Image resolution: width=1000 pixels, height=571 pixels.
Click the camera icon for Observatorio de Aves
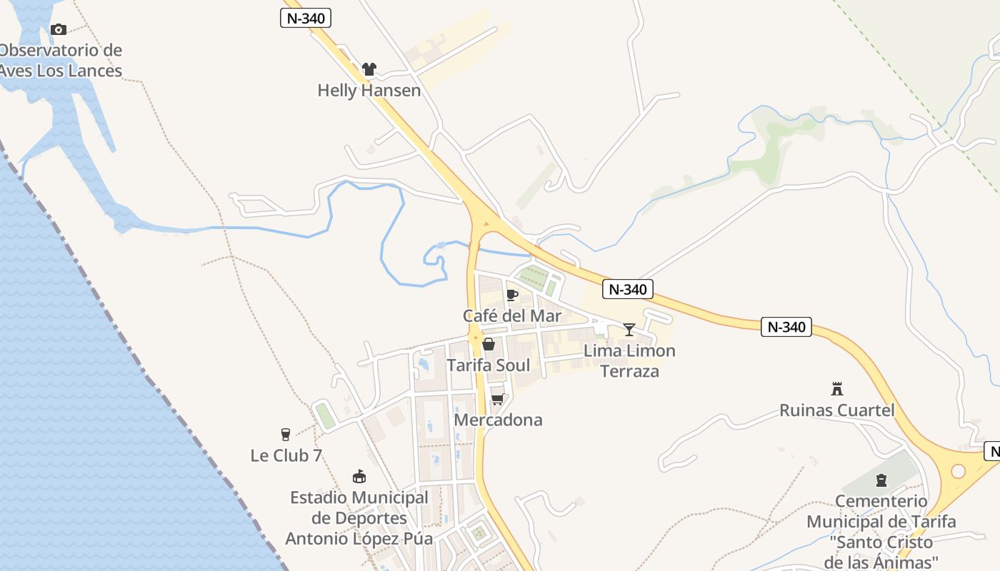point(59,29)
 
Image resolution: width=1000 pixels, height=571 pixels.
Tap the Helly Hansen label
point(369,91)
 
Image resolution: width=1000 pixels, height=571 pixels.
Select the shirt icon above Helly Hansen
point(369,69)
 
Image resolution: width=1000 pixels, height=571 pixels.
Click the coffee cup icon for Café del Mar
point(511,295)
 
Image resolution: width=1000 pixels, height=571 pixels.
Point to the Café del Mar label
point(511,315)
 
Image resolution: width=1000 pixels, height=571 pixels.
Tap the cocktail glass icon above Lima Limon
point(629,329)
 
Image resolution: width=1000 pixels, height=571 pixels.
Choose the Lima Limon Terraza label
point(629,360)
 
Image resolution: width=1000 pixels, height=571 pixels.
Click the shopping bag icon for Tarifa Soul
point(489,345)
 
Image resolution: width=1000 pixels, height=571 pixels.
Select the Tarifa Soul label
point(488,365)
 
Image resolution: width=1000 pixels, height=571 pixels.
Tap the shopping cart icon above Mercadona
point(498,399)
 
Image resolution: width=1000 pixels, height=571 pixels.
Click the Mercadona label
point(498,420)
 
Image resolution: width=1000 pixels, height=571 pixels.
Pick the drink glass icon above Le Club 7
point(286,435)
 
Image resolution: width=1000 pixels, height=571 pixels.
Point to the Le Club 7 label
point(286,455)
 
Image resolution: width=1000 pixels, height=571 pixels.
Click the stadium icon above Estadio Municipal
point(359,476)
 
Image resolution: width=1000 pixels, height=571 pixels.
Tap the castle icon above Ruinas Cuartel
point(837,389)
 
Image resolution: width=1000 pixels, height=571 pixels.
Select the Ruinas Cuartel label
point(837,410)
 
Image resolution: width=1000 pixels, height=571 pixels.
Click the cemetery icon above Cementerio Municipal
point(881,480)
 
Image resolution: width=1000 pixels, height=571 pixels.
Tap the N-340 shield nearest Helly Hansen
point(306,18)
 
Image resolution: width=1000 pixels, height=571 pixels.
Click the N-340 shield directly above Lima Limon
point(628,289)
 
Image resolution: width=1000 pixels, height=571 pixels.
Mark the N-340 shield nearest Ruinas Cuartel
point(786,327)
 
